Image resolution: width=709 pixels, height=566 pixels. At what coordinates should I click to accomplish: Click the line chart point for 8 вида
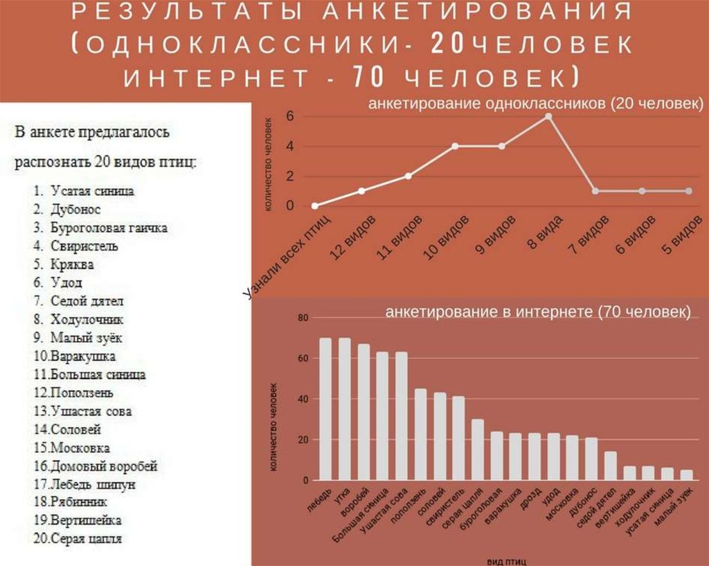548,116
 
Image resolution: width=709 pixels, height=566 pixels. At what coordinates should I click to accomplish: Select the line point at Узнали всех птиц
315,206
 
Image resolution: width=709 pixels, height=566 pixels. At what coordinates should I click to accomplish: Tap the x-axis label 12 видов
353,239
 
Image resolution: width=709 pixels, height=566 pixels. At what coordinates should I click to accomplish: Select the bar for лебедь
325,409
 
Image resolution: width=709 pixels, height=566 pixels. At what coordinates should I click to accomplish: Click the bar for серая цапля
478,450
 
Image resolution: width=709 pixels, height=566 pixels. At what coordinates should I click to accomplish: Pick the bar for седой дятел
611,466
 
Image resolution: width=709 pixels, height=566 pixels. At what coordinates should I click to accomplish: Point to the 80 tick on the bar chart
302,318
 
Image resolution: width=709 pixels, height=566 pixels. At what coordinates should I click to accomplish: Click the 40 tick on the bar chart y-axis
302,399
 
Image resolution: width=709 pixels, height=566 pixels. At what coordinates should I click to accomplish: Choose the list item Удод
66,282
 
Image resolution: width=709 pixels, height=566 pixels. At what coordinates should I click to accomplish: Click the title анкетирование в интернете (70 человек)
537,313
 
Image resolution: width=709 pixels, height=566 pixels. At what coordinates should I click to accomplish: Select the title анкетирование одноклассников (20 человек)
535,104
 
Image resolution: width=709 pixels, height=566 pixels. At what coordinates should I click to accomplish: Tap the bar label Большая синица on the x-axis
359,515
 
